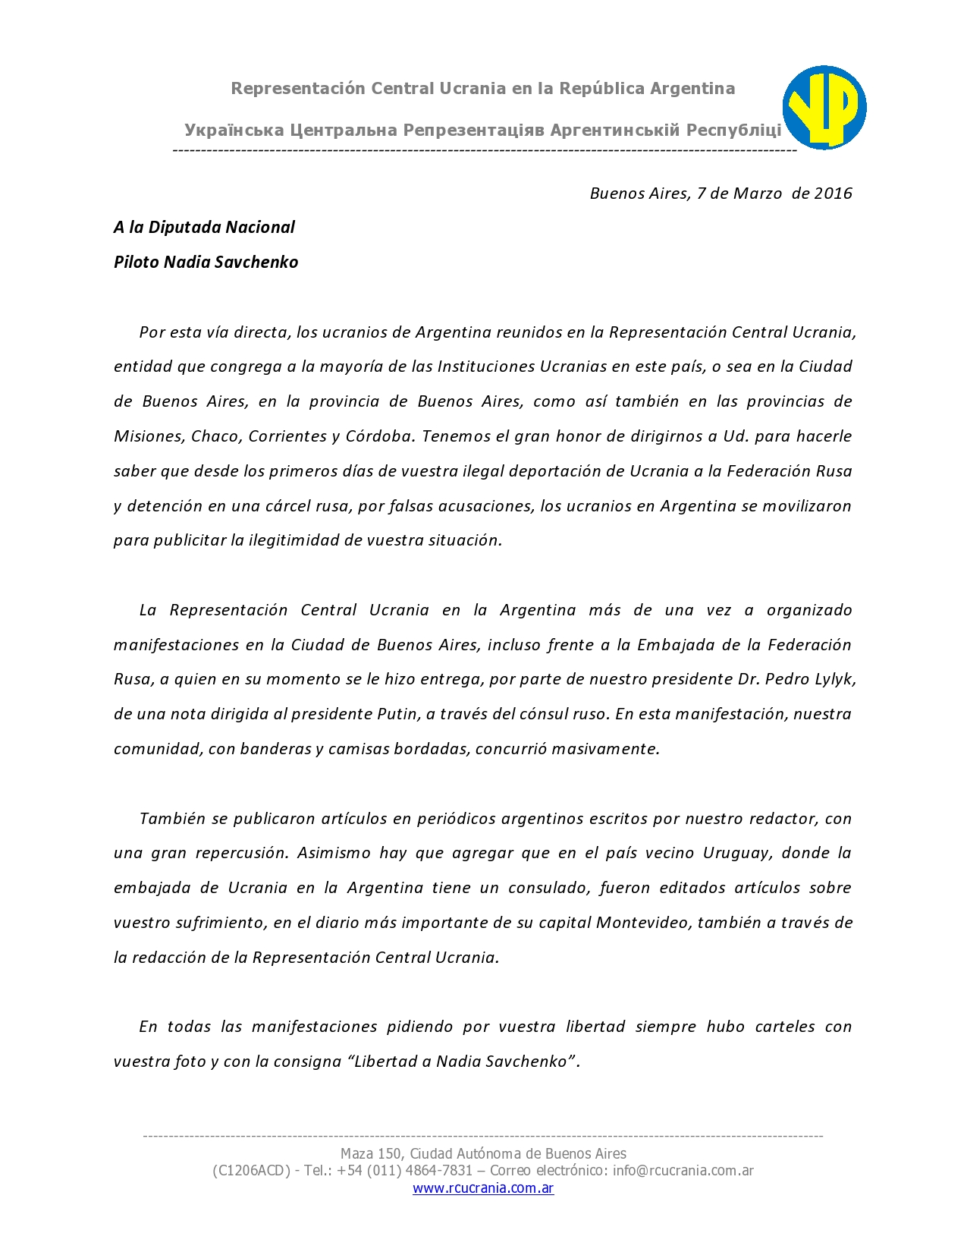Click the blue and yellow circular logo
[824, 107]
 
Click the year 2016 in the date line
[833, 193]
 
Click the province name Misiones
[147, 436]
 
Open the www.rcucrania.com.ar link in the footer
[483, 1188]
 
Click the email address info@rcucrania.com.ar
[683, 1171]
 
